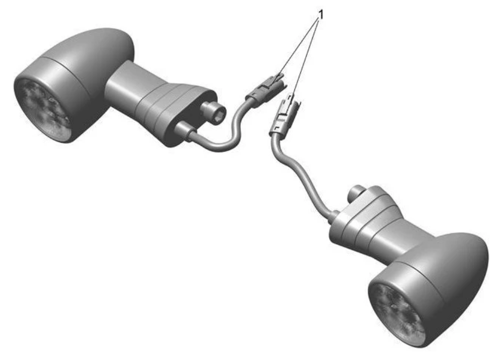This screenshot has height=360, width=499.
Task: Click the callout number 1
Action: coord(321,14)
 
